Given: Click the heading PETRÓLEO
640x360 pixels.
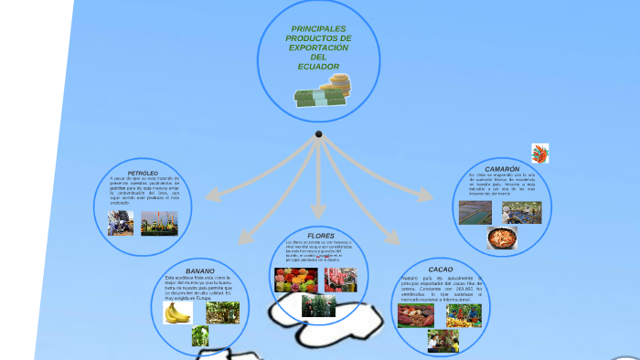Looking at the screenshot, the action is (143, 173).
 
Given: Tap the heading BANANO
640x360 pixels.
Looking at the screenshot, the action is (200, 271).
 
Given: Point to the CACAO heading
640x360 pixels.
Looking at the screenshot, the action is (440, 270).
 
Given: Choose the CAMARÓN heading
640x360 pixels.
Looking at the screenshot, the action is (502, 169).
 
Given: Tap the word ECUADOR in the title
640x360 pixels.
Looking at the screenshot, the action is (317, 66).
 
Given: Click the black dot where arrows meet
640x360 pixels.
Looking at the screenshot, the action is (318, 134).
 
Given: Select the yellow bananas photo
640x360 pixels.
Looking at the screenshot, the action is (177, 312).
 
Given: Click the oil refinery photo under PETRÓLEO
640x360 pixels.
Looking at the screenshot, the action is (159, 224).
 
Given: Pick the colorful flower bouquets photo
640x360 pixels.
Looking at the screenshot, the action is (295, 280).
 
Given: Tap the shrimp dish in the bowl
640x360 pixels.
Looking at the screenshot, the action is (502, 238).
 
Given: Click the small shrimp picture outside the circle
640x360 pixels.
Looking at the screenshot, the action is (540, 154).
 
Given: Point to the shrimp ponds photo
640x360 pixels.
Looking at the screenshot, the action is (475, 213).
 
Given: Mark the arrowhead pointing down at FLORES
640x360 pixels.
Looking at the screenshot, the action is (318, 212).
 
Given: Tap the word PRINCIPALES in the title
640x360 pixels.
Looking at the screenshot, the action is (318, 29).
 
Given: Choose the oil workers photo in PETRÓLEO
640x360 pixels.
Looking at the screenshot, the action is (121, 224).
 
